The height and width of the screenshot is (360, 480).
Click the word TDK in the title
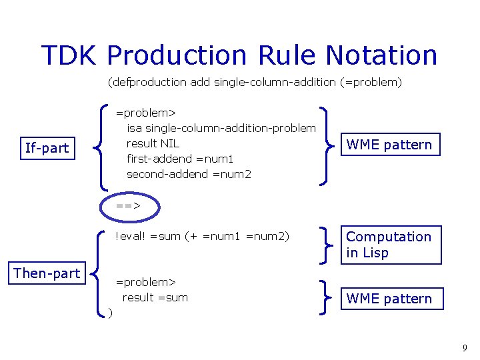pos(69,55)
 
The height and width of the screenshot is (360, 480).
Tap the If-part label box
pos(47,148)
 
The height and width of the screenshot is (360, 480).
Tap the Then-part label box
pos(47,273)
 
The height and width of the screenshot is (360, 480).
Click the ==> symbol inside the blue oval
pos(128,206)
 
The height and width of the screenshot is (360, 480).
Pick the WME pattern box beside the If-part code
pos(389,145)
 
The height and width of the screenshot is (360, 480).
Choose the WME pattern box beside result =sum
pos(389,299)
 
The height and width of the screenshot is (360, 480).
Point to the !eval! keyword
pos(131,236)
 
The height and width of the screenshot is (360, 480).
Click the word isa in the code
pos(134,127)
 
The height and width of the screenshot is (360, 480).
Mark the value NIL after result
pos(169,143)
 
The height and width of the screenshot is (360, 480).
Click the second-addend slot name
pos(167,174)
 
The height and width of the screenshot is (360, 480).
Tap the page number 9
pos(464,347)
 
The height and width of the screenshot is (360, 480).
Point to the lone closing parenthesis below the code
pos(110,312)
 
